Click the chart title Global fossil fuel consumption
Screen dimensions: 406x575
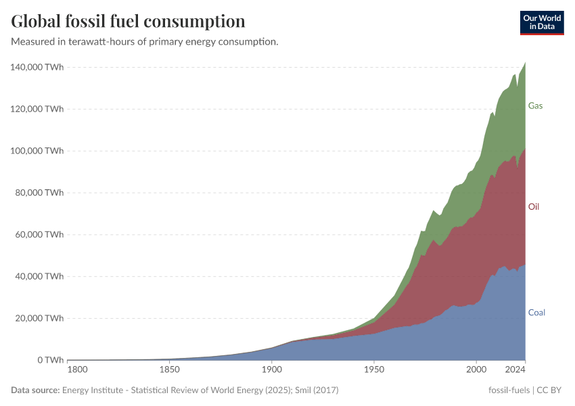(128, 21)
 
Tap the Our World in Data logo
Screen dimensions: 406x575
(541, 22)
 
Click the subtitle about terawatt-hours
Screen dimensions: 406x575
(144, 42)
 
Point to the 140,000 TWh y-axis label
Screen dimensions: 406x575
(37, 67)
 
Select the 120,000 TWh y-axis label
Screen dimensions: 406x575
(37, 109)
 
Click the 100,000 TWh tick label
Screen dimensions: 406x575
(37, 151)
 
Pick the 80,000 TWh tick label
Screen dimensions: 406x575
(39, 193)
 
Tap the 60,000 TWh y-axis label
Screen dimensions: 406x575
(39, 235)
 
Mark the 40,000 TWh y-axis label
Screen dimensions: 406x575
(39, 276)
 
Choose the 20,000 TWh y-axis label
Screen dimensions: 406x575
(39, 318)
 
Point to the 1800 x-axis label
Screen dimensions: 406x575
(78, 371)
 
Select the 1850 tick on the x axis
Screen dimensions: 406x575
(169, 371)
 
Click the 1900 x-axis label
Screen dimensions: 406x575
(271, 371)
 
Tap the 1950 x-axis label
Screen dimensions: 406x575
(373, 371)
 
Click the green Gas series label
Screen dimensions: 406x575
(535, 106)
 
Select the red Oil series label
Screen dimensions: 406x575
(534, 206)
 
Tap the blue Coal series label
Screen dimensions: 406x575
(536, 313)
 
